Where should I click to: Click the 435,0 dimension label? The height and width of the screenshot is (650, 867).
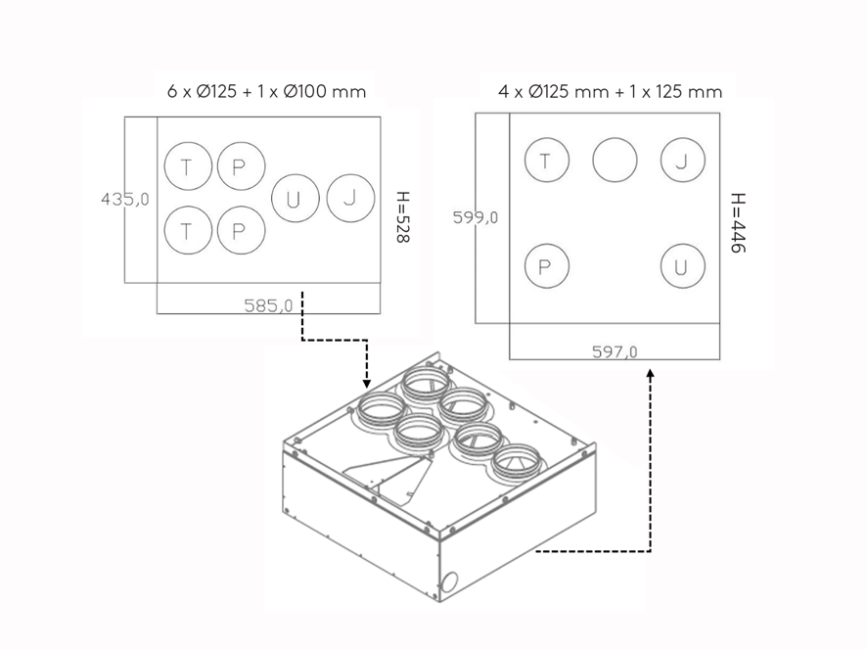pyautogui.click(x=125, y=199)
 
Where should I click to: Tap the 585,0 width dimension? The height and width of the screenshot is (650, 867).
pyautogui.click(x=268, y=305)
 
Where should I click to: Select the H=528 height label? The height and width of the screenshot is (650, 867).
pyautogui.click(x=403, y=217)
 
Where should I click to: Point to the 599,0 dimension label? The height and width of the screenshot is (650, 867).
pyautogui.click(x=476, y=217)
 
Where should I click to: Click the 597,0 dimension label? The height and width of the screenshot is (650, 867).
pyautogui.click(x=615, y=351)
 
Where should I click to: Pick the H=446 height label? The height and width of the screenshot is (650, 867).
pyautogui.click(x=738, y=223)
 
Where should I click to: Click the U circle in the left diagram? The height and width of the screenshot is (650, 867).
pyautogui.click(x=296, y=174)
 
